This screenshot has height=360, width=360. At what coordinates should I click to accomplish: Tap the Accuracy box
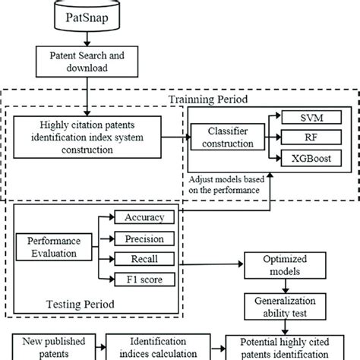(144, 216)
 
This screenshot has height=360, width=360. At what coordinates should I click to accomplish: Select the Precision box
(144, 238)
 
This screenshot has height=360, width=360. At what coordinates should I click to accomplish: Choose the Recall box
(144, 259)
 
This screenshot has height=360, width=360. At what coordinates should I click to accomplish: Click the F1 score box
(144, 280)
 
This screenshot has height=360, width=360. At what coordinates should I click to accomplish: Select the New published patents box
(47, 346)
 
